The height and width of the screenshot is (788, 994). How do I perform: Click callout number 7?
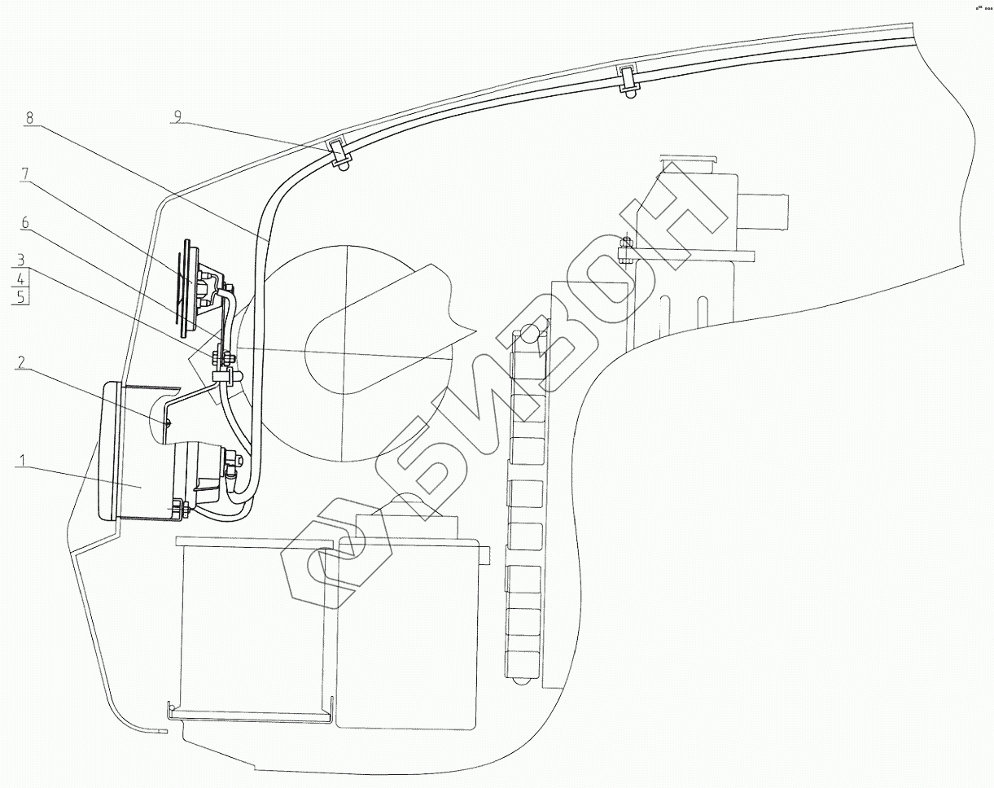[x=25, y=173]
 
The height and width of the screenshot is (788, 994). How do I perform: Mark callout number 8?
[x=30, y=117]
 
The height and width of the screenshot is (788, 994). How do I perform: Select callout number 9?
[x=177, y=117]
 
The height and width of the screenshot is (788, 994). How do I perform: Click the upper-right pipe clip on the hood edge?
[x=628, y=79]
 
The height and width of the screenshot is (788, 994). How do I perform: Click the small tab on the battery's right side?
[x=486, y=554]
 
